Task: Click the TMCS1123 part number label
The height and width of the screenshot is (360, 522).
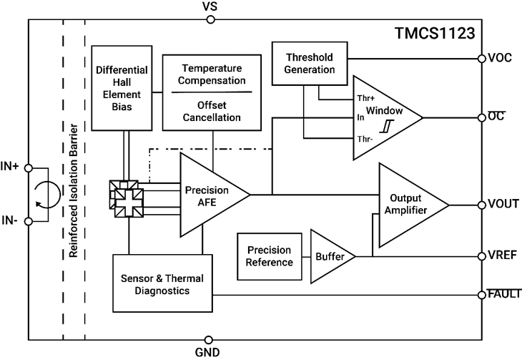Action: point(435,34)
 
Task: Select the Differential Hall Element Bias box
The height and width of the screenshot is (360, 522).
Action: point(122,89)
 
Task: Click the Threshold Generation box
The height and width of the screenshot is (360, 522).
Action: point(310,63)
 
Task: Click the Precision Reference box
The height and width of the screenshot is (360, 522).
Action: point(269,256)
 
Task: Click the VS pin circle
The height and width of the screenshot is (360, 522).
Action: point(209,20)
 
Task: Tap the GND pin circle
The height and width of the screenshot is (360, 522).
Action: point(209,340)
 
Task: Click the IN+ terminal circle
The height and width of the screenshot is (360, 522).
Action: point(29,168)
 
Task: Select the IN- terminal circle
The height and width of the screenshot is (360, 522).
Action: point(29,221)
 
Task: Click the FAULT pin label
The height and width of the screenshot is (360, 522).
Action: point(503,293)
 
